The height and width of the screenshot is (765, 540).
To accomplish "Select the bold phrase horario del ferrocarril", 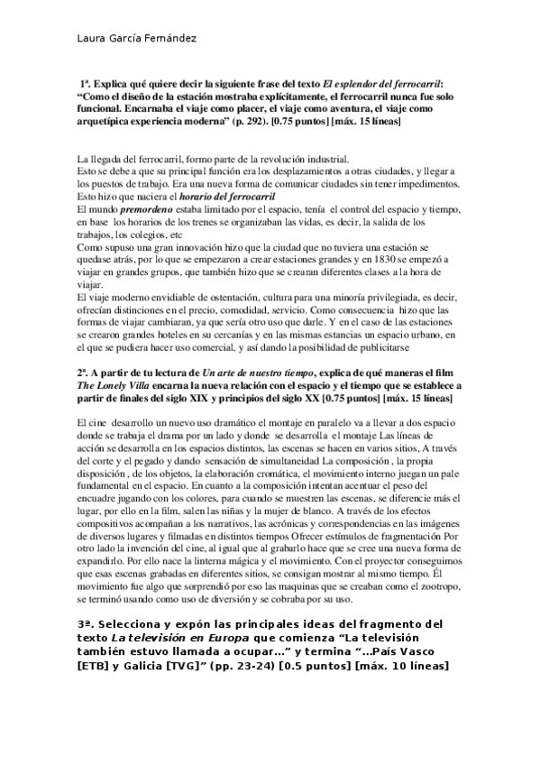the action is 226,194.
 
